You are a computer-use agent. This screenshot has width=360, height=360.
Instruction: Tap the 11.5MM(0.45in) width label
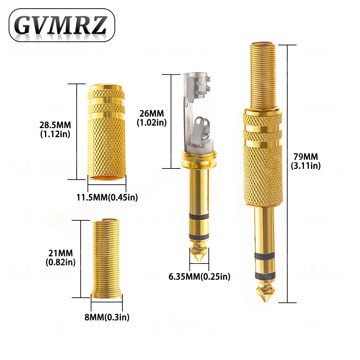[107, 197]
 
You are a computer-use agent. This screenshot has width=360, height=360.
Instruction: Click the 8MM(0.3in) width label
[107, 317]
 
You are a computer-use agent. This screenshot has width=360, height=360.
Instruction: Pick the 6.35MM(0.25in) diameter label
[199, 276]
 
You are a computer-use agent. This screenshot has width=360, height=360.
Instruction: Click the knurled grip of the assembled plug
[262, 169]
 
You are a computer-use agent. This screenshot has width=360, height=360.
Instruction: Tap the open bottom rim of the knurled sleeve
[107, 177]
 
